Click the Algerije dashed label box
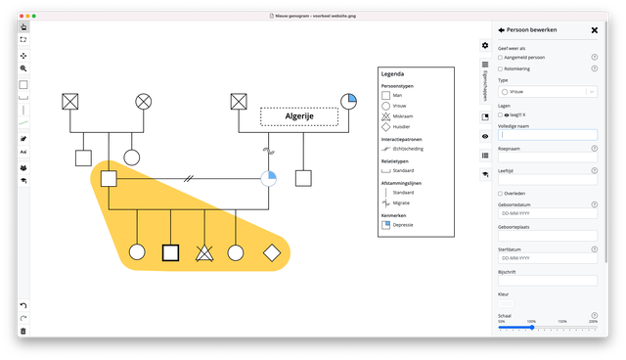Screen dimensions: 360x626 click(x=299, y=116)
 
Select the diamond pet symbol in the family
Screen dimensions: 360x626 click(x=272, y=251)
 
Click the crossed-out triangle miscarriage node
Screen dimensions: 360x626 click(x=204, y=251)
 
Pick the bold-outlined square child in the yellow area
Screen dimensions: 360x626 click(x=170, y=251)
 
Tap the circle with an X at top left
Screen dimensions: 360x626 click(x=144, y=100)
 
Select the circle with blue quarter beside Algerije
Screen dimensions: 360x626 click(x=349, y=100)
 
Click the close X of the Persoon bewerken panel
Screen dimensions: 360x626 click(x=595, y=30)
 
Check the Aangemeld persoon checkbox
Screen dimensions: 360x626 click(x=501, y=58)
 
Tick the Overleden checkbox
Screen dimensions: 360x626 click(x=501, y=193)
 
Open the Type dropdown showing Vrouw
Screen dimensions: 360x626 click(x=547, y=91)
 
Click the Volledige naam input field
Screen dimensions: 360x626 click(x=547, y=135)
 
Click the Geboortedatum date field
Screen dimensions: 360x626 click(x=547, y=212)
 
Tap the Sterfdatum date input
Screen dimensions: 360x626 click(x=547, y=258)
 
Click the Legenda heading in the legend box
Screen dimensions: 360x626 click(x=392, y=74)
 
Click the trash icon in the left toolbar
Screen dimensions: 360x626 click(x=23, y=331)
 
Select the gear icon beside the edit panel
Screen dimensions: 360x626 click(x=485, y=45)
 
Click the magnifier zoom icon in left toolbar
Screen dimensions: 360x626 click(x=23, y=68)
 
